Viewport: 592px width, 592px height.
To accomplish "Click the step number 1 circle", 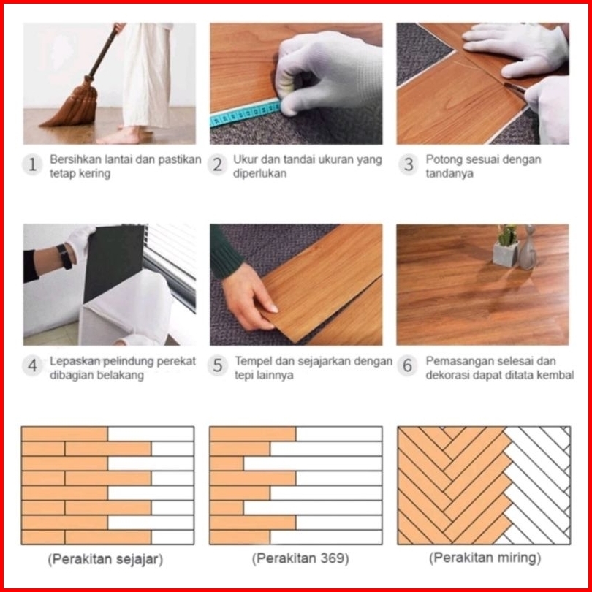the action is click(x=32, y=164).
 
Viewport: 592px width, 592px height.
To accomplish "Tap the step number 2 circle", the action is click(x=218, y=164).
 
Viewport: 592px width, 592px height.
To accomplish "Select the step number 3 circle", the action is click(x=408, y=164).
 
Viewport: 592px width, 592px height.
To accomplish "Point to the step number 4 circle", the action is click(x=32, y=365).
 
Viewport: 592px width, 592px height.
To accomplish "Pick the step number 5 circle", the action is click(x=218, y=365).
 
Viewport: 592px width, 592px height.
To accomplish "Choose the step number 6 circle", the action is click(x=407, y=365).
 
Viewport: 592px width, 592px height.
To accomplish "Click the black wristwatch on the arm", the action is click(x=64, y=257).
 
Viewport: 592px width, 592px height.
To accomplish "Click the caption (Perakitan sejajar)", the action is click(x=105, y=559).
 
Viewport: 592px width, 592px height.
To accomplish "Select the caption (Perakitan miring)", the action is click(x=485, y=558).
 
